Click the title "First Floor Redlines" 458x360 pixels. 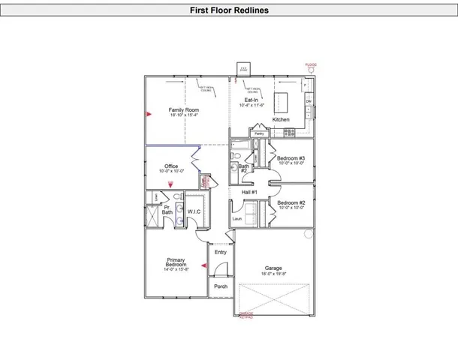(228, 10)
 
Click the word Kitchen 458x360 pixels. (281, 120)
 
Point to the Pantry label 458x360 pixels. (259, 133)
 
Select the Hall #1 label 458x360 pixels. (250, 193)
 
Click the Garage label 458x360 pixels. (273, 269)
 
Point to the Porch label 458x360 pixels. (221, 286)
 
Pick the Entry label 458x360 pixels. (220, 252)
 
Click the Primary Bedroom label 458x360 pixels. (176, 263)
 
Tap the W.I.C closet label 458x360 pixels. (194, 211)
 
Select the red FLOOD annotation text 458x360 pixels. (311, 64)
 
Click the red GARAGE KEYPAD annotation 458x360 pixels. (246, 315)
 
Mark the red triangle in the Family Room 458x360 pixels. (149, 113)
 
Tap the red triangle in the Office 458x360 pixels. (170, 184)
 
